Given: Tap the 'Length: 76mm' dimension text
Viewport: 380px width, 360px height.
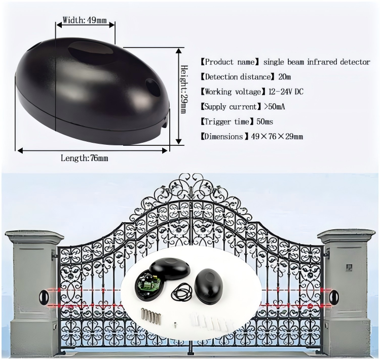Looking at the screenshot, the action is (84, 158).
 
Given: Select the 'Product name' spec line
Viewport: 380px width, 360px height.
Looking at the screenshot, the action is (285, 62).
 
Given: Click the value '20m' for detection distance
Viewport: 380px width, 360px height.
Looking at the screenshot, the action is (284, 77).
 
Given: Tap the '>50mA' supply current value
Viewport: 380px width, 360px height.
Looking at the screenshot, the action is (274, 107).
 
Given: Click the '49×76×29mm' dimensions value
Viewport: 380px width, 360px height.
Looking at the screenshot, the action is (277, 137).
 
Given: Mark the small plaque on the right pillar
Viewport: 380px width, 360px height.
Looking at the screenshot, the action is (348, 266).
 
